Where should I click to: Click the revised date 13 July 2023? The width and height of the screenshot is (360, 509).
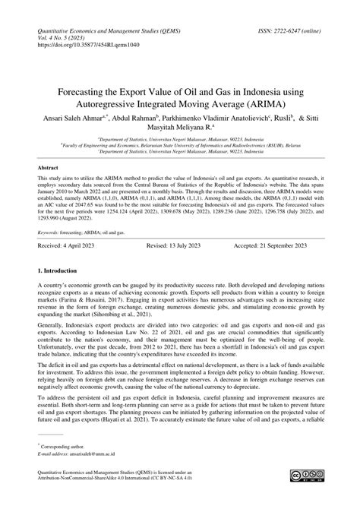pyautogui.click(x=180, y=267)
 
